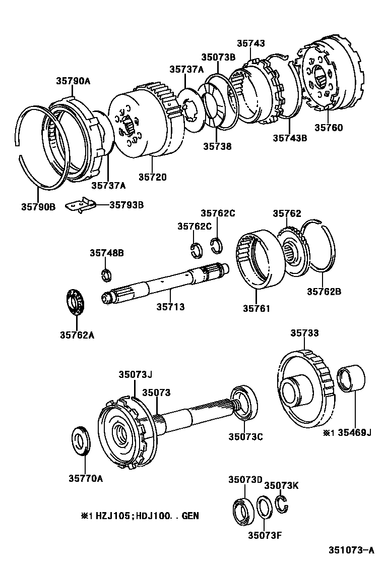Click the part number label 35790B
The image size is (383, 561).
(x=38, y=206)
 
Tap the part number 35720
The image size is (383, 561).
(x=152, y=177)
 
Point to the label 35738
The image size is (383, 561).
(x=217, y=146)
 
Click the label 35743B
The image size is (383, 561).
(x=290, y=137)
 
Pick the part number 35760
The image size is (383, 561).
(x=329, y=128)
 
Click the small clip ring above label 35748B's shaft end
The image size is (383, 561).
(x=106, y=275)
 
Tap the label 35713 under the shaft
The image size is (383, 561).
(x=170, y=306)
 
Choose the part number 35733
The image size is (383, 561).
(x=304, y=333)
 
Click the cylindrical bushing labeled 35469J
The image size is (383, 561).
(x=348, y=380)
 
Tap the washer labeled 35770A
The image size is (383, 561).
(x=82, y=441)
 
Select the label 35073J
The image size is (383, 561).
(x=135, y=374)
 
